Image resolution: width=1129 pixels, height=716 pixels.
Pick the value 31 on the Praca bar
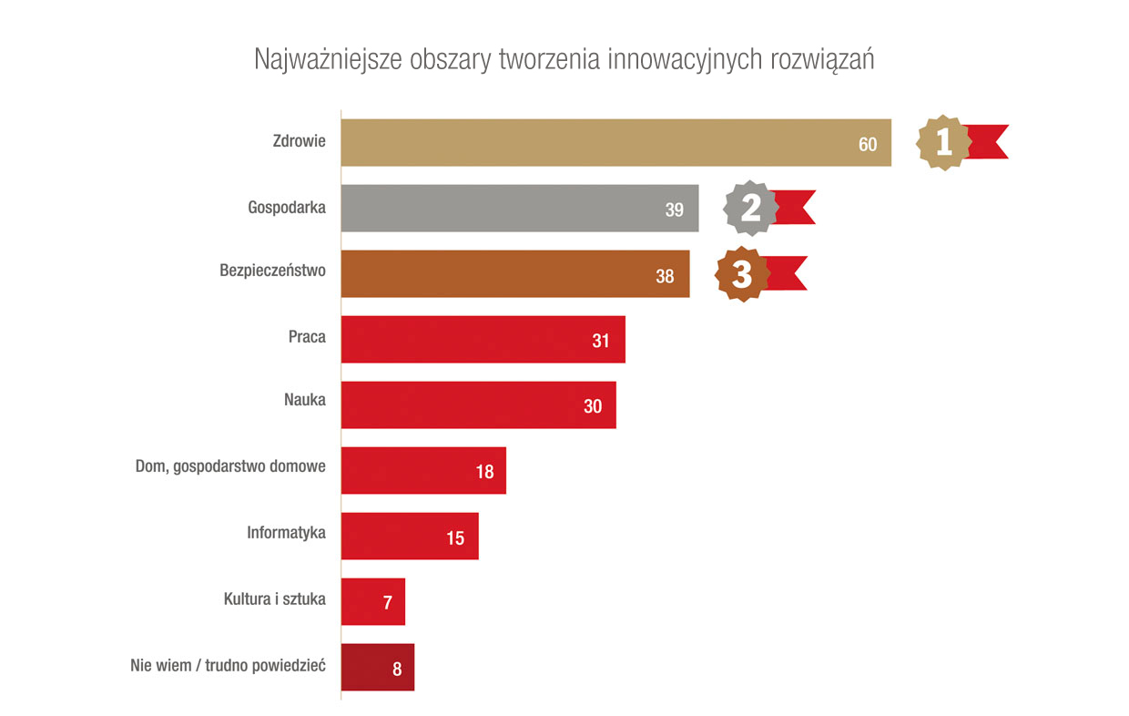point(600,341)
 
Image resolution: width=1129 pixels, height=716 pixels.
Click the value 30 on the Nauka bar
point(593,406)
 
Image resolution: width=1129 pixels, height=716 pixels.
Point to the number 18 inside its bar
point(483,472)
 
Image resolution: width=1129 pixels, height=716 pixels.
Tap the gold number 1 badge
point(944,142)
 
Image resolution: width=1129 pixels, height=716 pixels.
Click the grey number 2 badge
point(751,208)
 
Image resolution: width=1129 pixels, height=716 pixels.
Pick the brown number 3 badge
point(742,274)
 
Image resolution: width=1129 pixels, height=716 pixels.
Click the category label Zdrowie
point(300,141)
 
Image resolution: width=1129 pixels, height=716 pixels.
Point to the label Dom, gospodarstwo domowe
point(230,467)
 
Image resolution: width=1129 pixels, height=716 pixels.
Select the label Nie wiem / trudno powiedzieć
point(229,664)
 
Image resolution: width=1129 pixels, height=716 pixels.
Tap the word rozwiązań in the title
point(822,59)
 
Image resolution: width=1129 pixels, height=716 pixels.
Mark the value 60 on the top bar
point(867,144)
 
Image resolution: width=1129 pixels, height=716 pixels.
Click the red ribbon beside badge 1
point(989,142)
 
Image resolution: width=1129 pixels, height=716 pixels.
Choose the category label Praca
point(307,336)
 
